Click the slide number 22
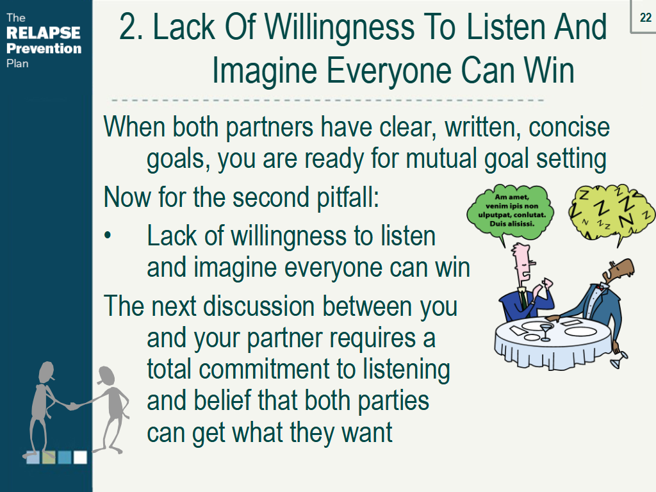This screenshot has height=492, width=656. click(x=645, y=18)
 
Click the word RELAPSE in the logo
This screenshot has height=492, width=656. click(x=44, y=33)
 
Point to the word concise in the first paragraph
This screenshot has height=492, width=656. click(x=570, y=127)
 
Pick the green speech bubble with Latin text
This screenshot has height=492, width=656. click(x=508, y=208)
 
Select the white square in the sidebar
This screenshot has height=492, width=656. click(x=80, y=457)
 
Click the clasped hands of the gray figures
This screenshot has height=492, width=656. click(x=74, y=405)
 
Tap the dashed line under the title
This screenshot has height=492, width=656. click(x=327, y=101)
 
